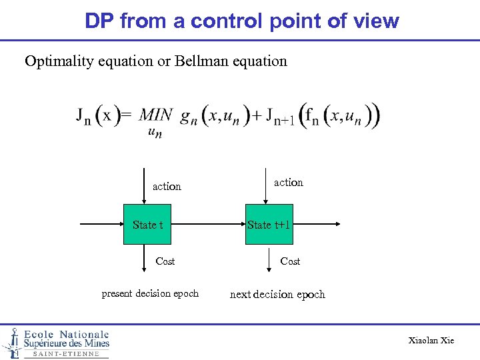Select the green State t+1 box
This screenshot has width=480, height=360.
click(x=269, y=225)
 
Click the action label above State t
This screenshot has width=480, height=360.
click(x=167, y=187)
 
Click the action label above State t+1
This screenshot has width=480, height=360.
click(x=289, y=182)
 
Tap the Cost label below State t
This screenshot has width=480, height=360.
click(x=165, y=261)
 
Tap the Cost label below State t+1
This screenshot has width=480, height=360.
click(x=290, y=261)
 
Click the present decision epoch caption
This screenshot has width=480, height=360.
click(x=150, y=293)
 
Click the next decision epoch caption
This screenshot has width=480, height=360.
click(x=277, y=294)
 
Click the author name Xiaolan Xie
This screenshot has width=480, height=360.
click(x=431, y=341)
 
